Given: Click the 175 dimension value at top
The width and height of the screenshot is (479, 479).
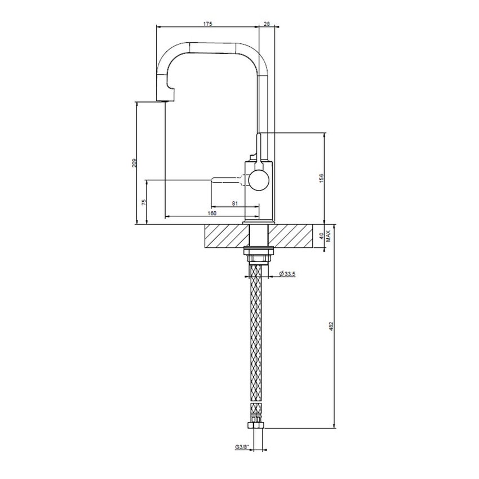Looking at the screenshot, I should tap(208, 24).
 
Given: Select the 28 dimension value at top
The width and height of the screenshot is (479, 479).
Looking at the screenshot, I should tap(267, 24).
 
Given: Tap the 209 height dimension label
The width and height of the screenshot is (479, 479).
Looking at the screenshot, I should tap(134, 163).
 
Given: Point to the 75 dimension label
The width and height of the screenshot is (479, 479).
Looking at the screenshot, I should tap(145, 202).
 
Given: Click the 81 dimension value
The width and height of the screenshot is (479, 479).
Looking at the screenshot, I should tap(235, 203).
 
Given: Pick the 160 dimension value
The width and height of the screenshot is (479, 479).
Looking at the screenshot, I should tap(212, 213).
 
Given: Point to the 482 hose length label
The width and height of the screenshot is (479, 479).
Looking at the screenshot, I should tap(331, 327).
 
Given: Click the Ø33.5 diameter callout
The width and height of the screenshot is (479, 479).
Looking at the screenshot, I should tap(287, 274).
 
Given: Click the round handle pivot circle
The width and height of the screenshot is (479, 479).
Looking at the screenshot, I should tap(259, 181).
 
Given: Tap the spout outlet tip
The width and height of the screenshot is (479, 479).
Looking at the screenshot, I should tap(163, 100).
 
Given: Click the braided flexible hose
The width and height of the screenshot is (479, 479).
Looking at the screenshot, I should tap(258, 338).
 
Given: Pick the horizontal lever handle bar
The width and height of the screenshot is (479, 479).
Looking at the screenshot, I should tap(228, 180).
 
